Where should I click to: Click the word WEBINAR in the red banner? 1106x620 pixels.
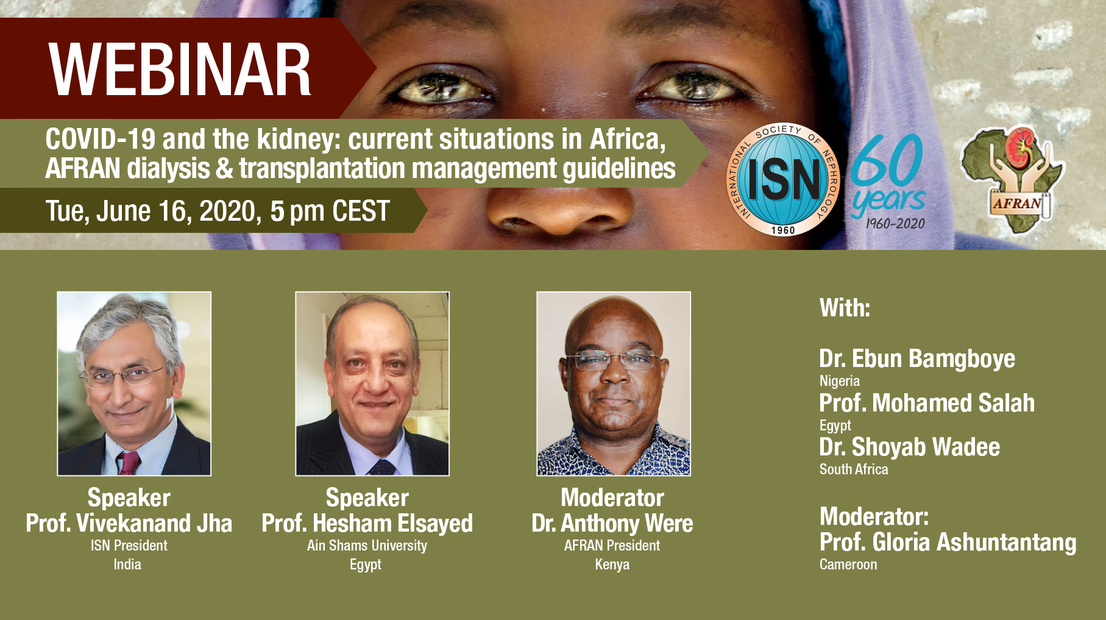click(180, 70)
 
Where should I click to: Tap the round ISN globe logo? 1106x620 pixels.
click(783, 180)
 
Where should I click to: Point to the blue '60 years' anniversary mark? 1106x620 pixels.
click(888, 181)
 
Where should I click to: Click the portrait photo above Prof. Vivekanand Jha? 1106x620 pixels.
click(134, 383)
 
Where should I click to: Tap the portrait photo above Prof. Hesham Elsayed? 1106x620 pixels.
click(372, 383)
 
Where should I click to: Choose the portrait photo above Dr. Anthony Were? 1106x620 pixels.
click(614, 383)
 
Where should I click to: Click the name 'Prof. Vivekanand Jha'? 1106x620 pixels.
click(129, 524)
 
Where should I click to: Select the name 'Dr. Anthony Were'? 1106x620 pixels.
click(612, 524)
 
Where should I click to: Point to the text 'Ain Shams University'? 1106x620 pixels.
click(367, 546)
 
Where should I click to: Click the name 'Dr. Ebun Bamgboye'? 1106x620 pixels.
click(917, 359)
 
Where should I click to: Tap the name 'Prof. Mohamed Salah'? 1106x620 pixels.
click(927, 403)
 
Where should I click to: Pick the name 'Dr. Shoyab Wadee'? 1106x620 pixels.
click(910, 447)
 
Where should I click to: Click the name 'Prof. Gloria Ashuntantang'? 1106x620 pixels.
click(948, 543)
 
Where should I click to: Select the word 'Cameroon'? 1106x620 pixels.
click(848, 565)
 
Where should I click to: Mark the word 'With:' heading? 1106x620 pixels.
click(845, 308)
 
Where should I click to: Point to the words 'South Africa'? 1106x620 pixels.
click(854, 469)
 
